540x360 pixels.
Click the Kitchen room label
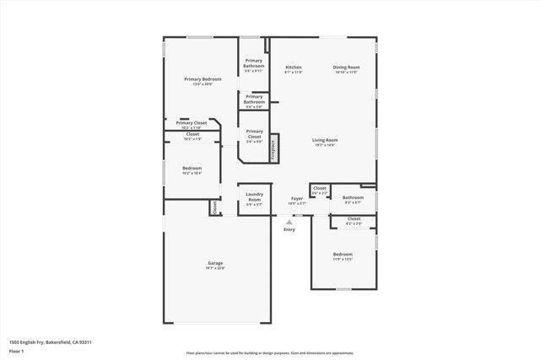[294, 67]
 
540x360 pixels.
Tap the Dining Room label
[346, 67]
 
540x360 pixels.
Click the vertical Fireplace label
[273, 148]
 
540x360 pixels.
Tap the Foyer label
[297, 199]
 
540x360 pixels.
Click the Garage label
[215, 264]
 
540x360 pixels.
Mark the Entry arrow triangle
[289, 222]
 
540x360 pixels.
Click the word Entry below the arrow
[289, 229]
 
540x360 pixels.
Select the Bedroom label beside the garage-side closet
[192, 168]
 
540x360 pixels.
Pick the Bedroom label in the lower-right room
[343, 254]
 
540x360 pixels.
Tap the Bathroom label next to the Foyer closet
[353, 197]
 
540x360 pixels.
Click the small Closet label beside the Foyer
[320, 189]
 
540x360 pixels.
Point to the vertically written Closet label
[214, 206]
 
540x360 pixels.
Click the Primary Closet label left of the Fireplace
[254, 133]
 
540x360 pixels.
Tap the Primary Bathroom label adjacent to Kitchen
[254, 62]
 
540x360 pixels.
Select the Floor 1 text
[16, 350]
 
